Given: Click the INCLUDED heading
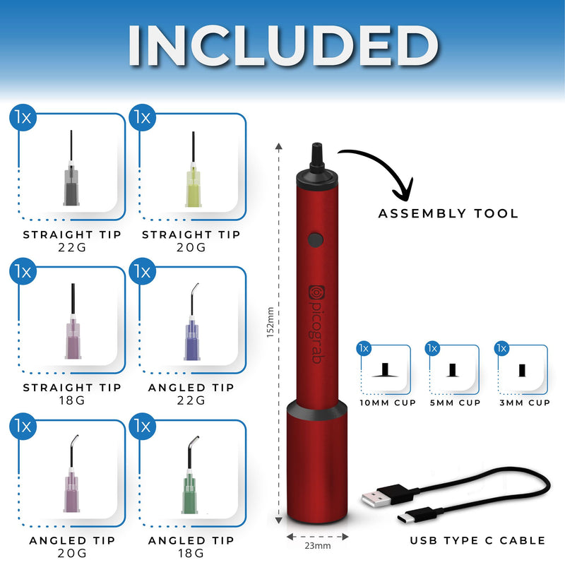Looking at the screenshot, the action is click(x=283, y=45).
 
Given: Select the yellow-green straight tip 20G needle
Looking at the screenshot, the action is click(x=194, y=169).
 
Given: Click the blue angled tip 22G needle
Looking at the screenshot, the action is click(x=191, y=323).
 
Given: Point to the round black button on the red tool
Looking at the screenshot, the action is click(x=316, y=240).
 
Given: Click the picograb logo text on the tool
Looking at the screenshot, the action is click(x=316, y=324).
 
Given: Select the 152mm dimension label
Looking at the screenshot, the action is click(x=270, y=323).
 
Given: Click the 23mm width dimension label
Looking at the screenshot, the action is click(x=317, y=546).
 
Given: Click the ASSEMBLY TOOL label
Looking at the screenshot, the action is click(x=448, y=214).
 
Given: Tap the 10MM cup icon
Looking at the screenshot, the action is click(x=385, y=370).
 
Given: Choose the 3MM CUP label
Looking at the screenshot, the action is click(x=525, y=403).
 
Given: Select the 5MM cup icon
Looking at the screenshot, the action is click(x=453, y=370).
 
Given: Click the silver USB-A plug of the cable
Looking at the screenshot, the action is click(x=376, y=499).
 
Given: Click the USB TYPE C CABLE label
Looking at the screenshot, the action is click(x=477, y=540).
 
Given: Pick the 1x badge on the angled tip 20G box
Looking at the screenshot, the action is click(x=23, y=427).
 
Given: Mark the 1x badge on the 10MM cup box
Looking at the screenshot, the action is click(x=364, y=348).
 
